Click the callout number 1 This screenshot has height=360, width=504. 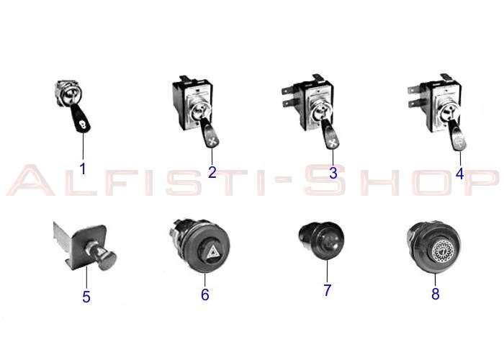(x=83, y=169)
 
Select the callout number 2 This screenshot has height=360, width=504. (x=212, y=173)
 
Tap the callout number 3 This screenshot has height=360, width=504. (x=333, y=173)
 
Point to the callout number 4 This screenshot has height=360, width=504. (x=459, y=174)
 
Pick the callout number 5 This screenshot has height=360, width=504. (x=86, y=297)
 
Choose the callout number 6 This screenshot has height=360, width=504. (x=205, y=294)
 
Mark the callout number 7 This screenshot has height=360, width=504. (x=327, y=290)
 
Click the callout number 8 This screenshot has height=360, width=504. (x=435, y=294)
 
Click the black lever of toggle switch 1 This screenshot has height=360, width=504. (x=81, y=118)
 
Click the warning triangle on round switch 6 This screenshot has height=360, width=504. (x=213, y=252)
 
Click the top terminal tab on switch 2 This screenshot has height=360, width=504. (x=184, y=78)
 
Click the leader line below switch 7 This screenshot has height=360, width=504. (x=327, y=271)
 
